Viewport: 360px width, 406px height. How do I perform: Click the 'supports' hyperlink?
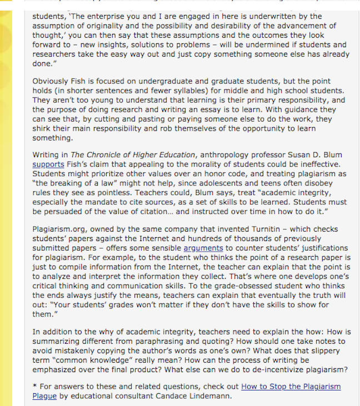coord(48,164)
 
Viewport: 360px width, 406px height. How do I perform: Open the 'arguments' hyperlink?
coord(203,248)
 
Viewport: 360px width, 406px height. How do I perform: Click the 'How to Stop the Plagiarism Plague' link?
coord(291,386)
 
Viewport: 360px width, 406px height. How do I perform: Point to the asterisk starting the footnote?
coord(34,387)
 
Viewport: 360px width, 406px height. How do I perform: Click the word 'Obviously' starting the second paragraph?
coord(52,82)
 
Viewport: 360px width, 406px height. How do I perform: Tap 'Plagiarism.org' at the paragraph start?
coord(59,229)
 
